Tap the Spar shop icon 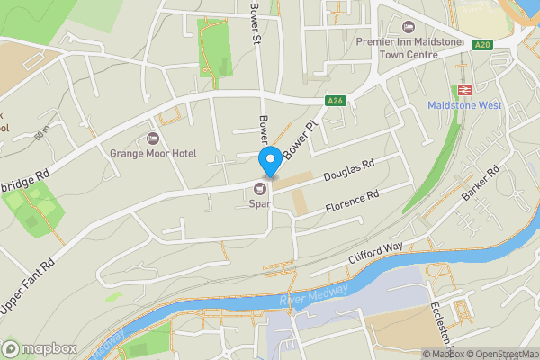tap(261, 188)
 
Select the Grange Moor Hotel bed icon tap(152, 139)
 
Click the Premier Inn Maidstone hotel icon tap(410, 27)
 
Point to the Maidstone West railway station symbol tap(465, 90)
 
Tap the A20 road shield tap(482, 45)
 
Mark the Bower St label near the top tap(255, 21)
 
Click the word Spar tap(260, 204)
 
